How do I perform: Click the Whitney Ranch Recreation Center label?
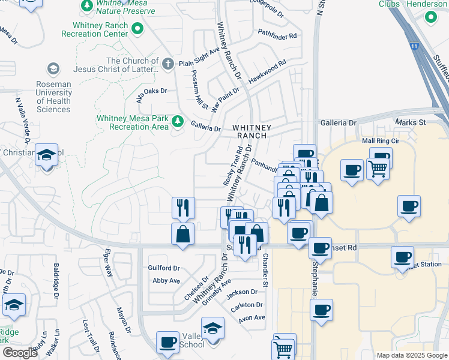pos(100,29)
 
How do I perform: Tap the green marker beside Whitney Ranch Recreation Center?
pos(138,28)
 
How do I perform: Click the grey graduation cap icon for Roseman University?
pos(53,69)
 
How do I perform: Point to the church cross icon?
pos(167,63)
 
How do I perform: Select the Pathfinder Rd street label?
pos(277,36)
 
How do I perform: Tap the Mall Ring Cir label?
pos(381,140)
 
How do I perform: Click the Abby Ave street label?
pos(166,281)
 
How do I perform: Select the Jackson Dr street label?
pos(242,292)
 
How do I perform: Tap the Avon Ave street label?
pos(252,317)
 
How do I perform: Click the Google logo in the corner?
pos(19,353)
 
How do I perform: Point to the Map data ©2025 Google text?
pos(411,355)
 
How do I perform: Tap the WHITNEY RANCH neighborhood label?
pos(252,132)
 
